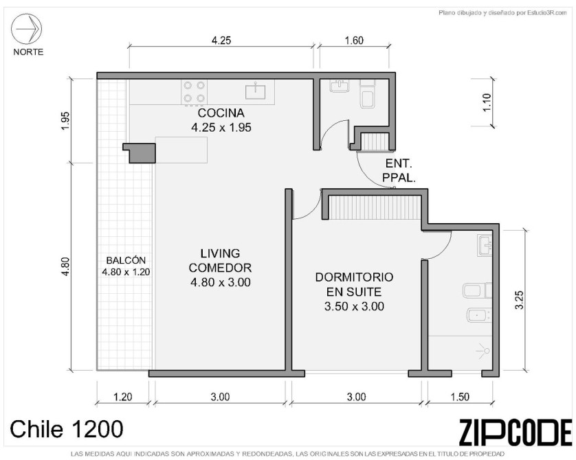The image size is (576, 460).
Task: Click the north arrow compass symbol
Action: [26, 29]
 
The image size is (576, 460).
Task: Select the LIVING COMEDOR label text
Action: [220, 260]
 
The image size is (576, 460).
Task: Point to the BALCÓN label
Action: [126, 260]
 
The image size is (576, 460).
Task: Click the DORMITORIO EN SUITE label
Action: [354, 284]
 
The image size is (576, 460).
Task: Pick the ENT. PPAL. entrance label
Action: [399, 170]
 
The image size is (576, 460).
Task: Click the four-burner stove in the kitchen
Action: [194, 92]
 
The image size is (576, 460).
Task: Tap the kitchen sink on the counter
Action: [255, 90]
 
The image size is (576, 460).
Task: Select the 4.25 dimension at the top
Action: [221, 41]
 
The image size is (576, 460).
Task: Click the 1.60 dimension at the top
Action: [354, 41]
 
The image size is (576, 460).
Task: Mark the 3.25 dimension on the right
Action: [519, 300]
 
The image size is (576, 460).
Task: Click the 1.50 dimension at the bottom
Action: [460, 397]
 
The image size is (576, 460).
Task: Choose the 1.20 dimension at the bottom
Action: [123, 397]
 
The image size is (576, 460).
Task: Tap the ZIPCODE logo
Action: [516, 433]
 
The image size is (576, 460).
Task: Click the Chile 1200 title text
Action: [67, 429]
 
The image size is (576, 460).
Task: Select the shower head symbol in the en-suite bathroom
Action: [483, 351]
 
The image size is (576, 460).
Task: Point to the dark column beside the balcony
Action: [140, 153]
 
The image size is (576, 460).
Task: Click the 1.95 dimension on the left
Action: [65, 121]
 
